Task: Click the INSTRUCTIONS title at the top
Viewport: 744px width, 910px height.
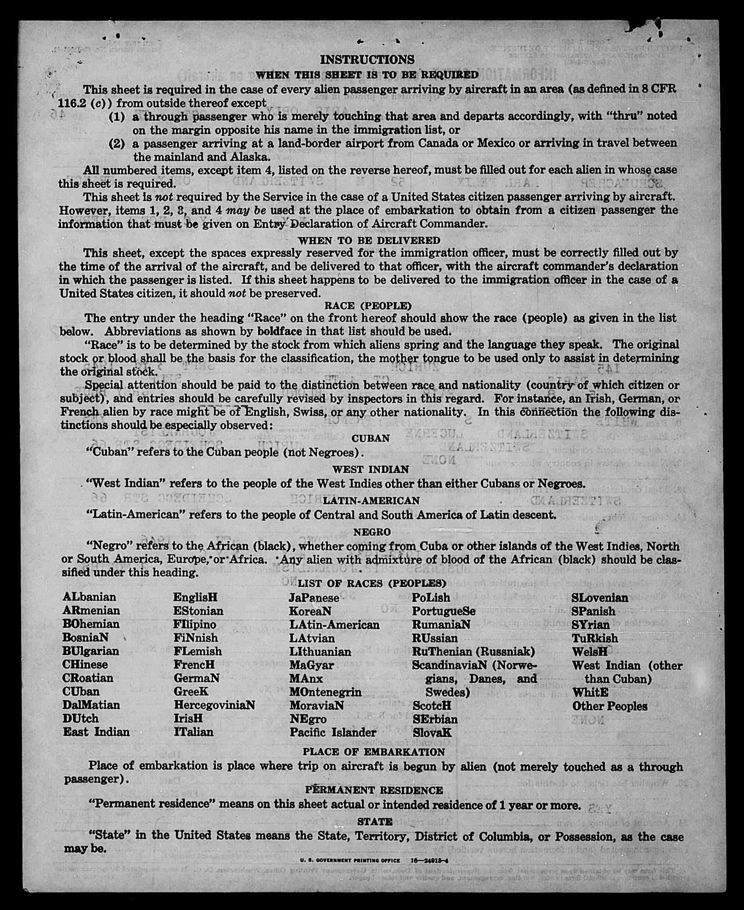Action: click(367, 60)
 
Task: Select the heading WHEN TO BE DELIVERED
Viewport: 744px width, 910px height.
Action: click(369, 241)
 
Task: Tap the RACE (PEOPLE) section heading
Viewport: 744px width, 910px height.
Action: click(368, 306)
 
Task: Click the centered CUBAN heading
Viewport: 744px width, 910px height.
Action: click(370, 439)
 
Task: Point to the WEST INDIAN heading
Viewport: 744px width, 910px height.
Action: click(370, 469)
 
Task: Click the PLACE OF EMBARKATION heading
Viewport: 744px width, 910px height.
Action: click(374, 752)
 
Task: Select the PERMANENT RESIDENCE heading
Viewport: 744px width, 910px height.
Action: click(374, 790)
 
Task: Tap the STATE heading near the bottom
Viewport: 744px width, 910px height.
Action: click(375, 821)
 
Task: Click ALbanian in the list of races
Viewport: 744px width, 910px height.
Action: click(89, 597)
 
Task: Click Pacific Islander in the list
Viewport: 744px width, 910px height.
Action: click(333, 732)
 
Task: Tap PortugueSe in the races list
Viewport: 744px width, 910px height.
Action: click(443, 611)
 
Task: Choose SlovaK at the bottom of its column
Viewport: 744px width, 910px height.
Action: click(432, 732)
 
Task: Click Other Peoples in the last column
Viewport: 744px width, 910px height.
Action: click(610, 706)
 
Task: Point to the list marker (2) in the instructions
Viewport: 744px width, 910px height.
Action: click(116, 143)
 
